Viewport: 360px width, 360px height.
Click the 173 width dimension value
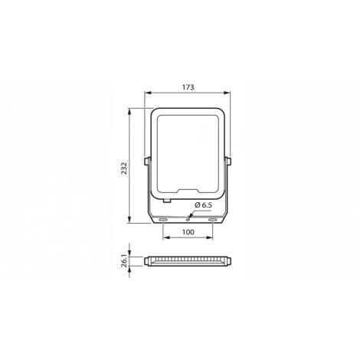point(188,87)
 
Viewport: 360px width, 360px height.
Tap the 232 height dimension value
point(124,168)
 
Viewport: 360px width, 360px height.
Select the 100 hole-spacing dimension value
point(188,232)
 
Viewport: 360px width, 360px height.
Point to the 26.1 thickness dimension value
point(124,260)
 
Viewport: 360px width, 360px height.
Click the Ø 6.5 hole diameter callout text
point(203,205)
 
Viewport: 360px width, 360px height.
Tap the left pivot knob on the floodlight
point(146,162)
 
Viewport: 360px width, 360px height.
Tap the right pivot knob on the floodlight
point(228,162)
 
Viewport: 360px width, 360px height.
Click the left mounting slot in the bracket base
point(162,220)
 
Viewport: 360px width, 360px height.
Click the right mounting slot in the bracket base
point(212,220)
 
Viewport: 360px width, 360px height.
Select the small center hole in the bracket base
point(188,218)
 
